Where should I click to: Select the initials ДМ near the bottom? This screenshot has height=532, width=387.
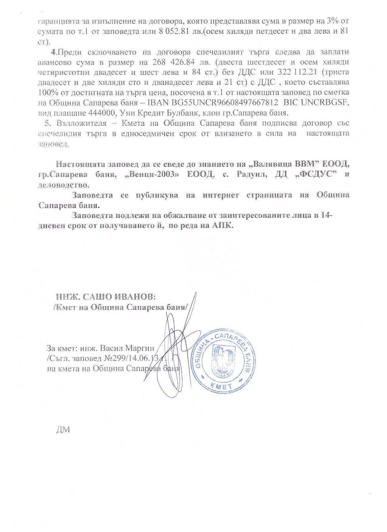(63, 429)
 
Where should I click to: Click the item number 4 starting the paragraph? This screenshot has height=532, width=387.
(54, 52)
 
